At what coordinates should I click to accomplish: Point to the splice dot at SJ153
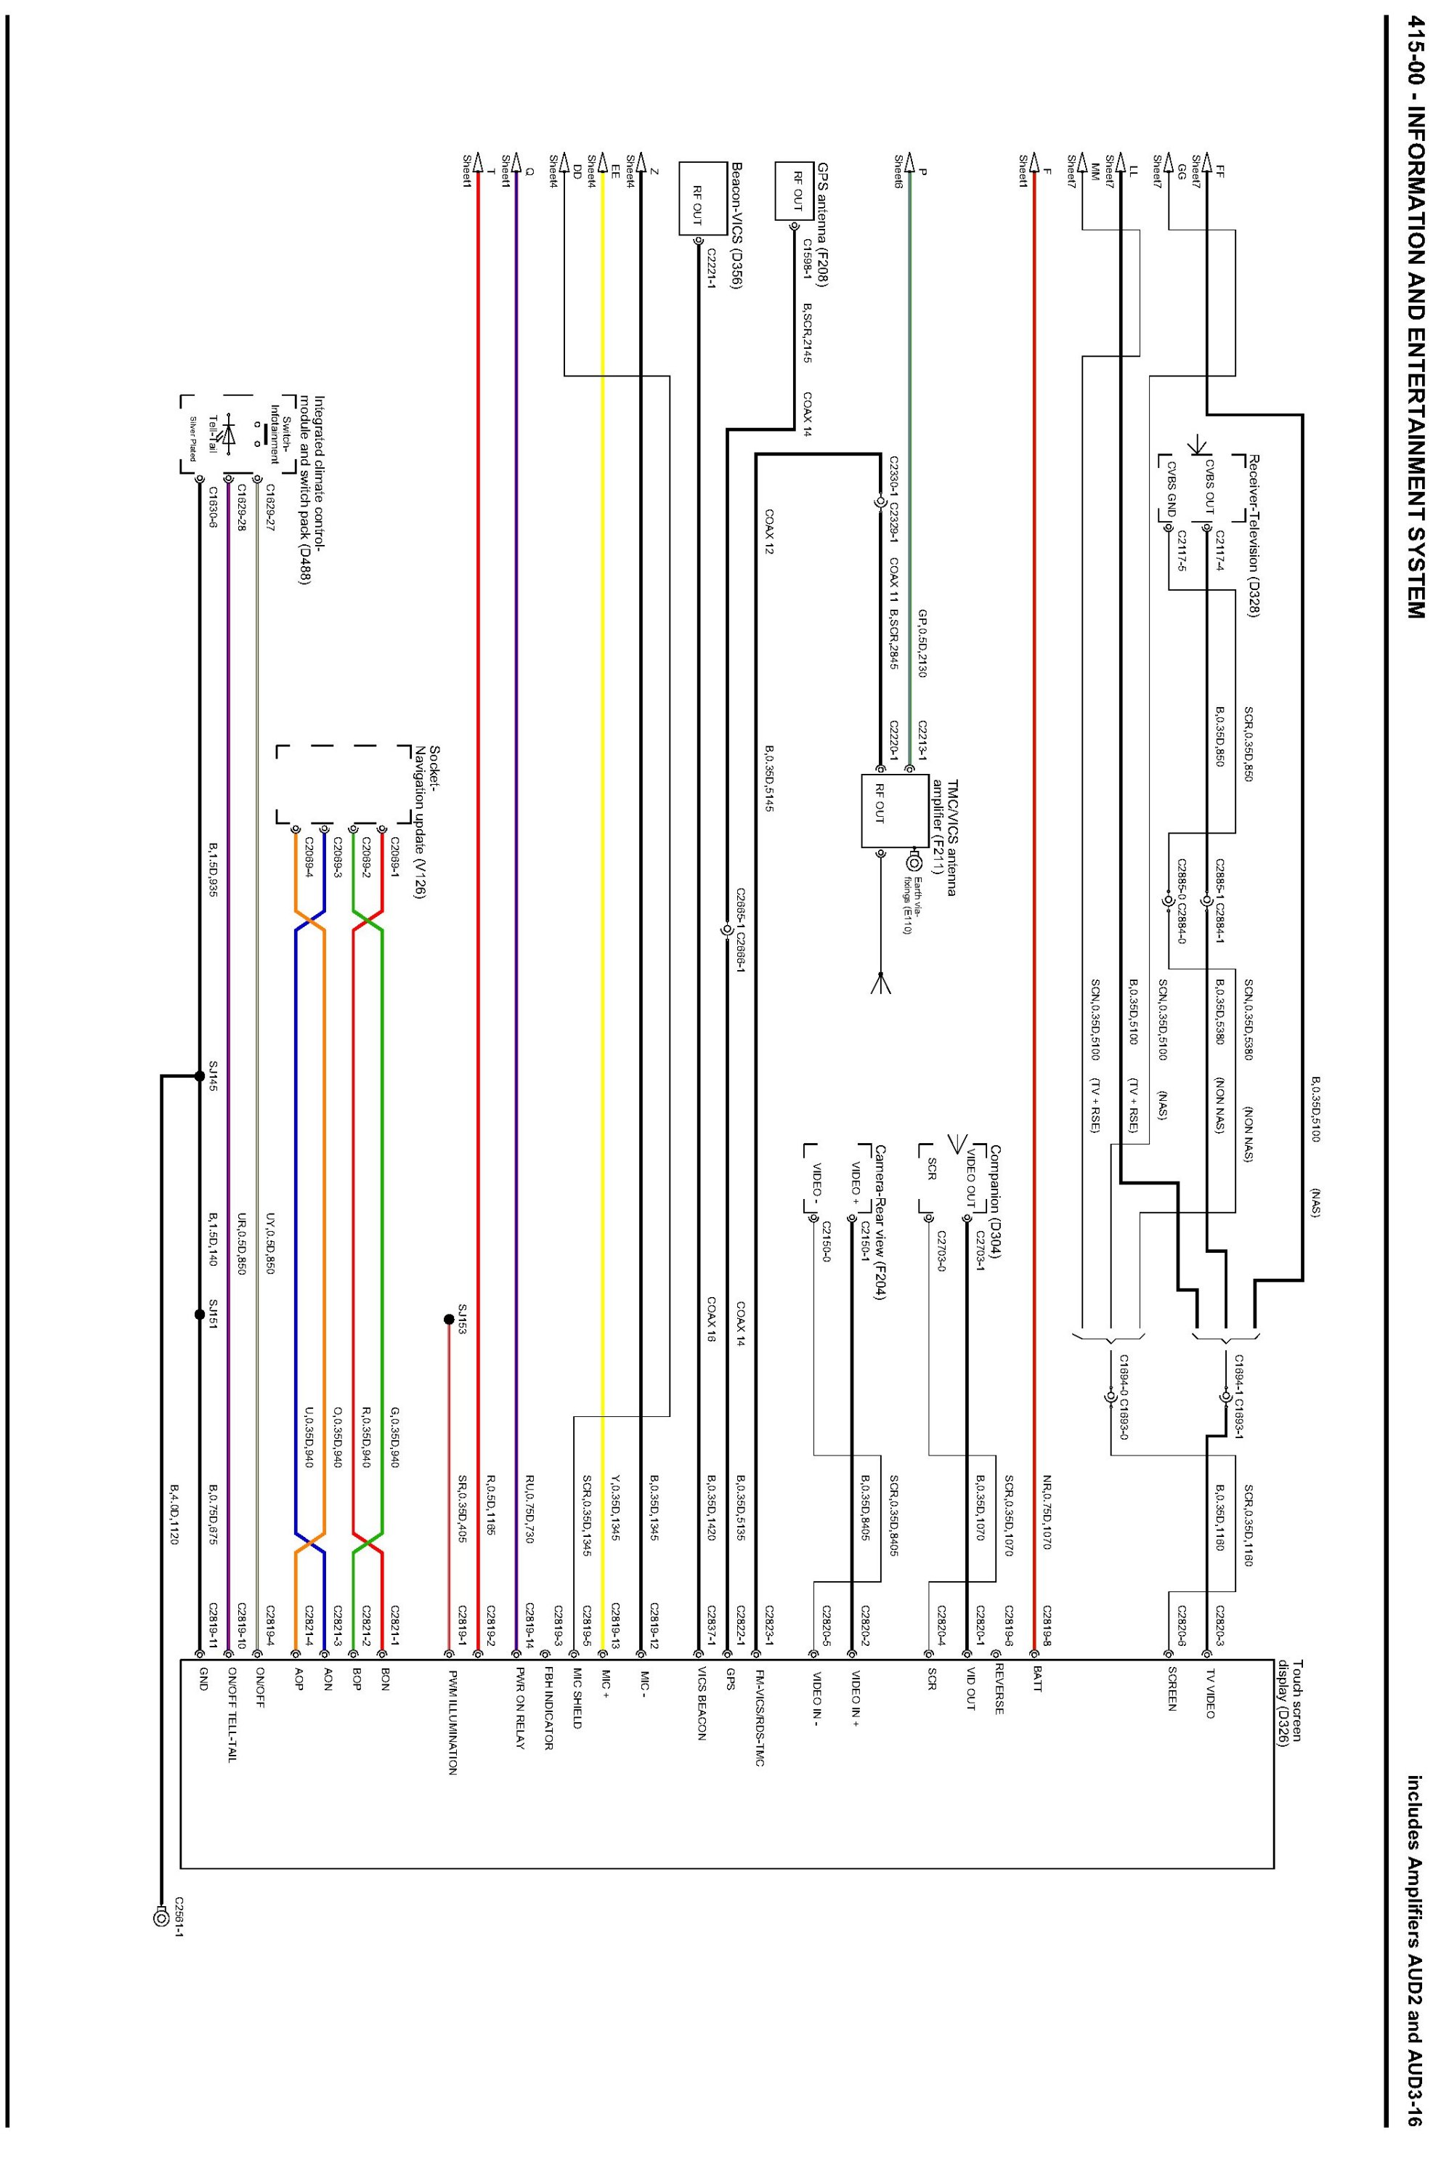[447, 1320]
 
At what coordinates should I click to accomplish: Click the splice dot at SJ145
[199, 1075]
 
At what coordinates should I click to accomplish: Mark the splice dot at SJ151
[199, 1315]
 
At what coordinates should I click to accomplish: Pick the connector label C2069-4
[309, 857]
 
